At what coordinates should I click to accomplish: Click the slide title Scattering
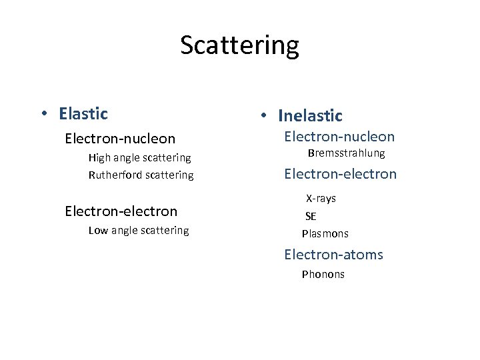coord(239,46)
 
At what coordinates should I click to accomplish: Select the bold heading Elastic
coord(83,114)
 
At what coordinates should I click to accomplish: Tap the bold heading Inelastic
coord(310,116)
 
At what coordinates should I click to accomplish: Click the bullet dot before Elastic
coord(44,114)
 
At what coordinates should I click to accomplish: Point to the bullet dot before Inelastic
coord(265,116)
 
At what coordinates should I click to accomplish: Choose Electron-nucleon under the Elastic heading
coord(120,139)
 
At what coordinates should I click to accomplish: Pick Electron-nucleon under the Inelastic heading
coord(339,137)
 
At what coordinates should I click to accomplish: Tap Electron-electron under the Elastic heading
coord(121,211)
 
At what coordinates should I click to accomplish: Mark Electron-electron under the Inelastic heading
coord(340,175)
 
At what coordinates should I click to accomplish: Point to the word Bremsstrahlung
coord(346,154)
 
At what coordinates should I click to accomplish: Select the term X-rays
coord(321,199)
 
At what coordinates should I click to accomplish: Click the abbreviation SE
coord(311,216)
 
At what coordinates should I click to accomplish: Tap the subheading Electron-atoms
coord(333,255)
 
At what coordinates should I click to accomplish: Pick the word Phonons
coord(323,274)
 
